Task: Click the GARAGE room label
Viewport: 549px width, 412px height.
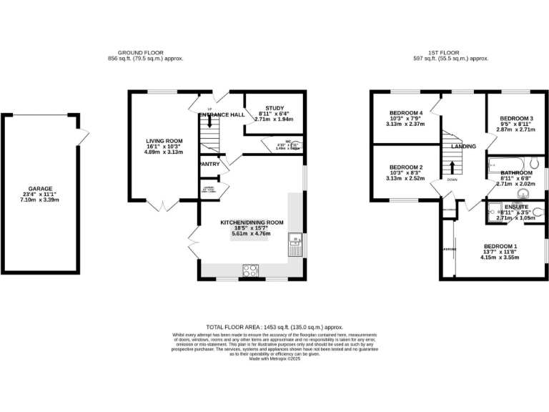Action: [40, 189]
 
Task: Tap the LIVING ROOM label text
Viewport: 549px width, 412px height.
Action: [164, 141]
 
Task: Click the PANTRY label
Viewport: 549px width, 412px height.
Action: [209, 164]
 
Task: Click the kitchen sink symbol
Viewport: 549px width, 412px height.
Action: [295, 247]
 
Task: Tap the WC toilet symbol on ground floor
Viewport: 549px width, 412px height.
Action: [297, 146]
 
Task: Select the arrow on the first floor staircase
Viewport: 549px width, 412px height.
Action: [452, 167]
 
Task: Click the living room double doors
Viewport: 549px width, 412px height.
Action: [164, 207]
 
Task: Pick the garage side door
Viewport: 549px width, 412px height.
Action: [84, 134]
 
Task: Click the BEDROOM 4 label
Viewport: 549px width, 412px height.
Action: [406, 113]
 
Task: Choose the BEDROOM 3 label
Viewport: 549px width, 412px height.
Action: [516, 118]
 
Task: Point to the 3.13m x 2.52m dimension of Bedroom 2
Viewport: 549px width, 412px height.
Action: [406, 179]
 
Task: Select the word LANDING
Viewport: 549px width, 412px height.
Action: [463, 147]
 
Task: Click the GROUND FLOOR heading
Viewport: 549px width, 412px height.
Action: [141, 52]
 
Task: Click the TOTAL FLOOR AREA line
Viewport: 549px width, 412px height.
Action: [274, 325]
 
